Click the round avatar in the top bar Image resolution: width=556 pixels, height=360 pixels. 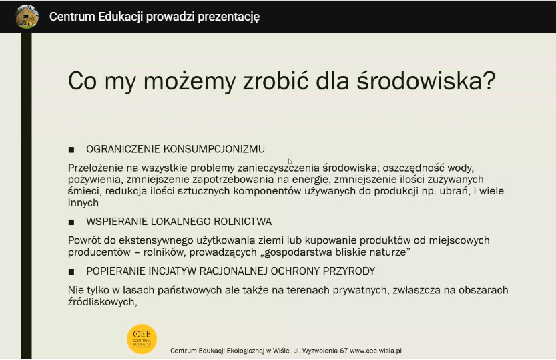(x=27, y=17)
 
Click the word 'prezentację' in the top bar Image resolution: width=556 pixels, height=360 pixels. (x=229, y=17)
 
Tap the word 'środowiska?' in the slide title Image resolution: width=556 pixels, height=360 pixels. (x=426, y=81)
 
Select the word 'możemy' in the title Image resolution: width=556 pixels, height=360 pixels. (x=190, y=82)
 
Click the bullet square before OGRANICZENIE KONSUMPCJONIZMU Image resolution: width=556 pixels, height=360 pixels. (x=71, y=150)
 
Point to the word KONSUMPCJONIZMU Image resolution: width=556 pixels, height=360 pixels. (x=214, y=149)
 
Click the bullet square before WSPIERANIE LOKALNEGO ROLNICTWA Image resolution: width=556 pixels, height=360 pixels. (x=71, y=222)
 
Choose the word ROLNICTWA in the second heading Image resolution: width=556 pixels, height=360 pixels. (x=242, y=222)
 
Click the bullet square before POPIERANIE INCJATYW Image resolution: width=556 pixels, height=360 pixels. (x=71, y=272)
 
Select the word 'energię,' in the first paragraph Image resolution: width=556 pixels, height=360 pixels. (x=311, y=180)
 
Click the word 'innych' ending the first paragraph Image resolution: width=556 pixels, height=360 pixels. (x=83, y=203)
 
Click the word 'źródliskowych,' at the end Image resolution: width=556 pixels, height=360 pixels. (x=103, y=302)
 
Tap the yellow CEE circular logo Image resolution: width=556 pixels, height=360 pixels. (x=142, y=339)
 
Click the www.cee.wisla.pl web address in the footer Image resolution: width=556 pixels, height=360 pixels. (x=376, y=351)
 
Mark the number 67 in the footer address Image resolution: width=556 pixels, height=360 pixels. (x=344, y=351)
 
